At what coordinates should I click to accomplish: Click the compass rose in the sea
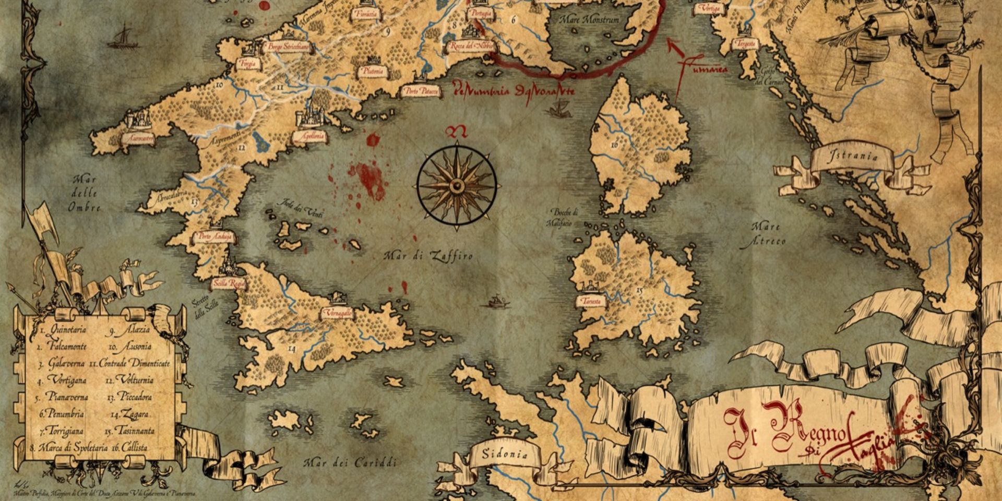457,185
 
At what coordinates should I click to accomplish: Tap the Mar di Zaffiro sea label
428,256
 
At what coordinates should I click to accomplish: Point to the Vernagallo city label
337,313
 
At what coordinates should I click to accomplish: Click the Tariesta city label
590,301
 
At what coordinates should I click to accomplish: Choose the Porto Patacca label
420,92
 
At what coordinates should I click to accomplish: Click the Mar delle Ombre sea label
85,193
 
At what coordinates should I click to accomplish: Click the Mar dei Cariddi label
351,463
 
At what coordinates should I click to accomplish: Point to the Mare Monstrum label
589,20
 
